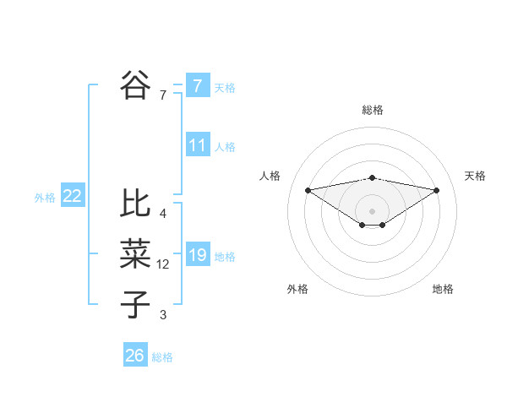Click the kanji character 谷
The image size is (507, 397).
coord(135,84)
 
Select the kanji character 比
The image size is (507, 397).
coord(135,204)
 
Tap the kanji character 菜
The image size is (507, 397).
coord(135,253)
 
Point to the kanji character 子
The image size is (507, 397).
coord(135,303)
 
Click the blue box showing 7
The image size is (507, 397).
coord(197,85)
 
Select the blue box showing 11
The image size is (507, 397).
coord(197,145)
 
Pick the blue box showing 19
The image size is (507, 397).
coord(197,254)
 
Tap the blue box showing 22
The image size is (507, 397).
coord(72,196)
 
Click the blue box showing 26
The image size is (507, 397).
coord(134,356)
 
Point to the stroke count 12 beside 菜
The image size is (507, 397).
coord(163,264)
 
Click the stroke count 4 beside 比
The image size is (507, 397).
coord(162,214)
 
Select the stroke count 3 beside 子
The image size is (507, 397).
coord(162,315)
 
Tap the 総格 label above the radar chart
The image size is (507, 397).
coord(373,109)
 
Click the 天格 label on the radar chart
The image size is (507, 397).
coord(475,176)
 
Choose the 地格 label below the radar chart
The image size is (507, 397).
coord(443,289)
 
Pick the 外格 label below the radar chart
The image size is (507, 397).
coord(297,289)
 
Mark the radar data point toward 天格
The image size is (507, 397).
coord(437,190)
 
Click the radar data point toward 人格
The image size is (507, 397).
coord(308,189)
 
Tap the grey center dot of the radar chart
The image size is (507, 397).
coord(372,210)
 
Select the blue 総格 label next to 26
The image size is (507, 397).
coord(162,357)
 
